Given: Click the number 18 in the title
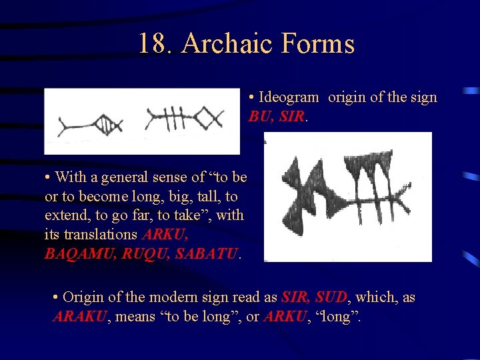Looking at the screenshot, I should pos(154,44).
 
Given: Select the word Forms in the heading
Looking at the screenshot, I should pos(319,44).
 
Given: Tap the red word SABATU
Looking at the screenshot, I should pos(206,254).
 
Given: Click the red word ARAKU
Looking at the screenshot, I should pos(79,316).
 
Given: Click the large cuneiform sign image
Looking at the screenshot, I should pos(347,197).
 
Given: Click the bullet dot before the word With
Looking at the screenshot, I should pos(49,177).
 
